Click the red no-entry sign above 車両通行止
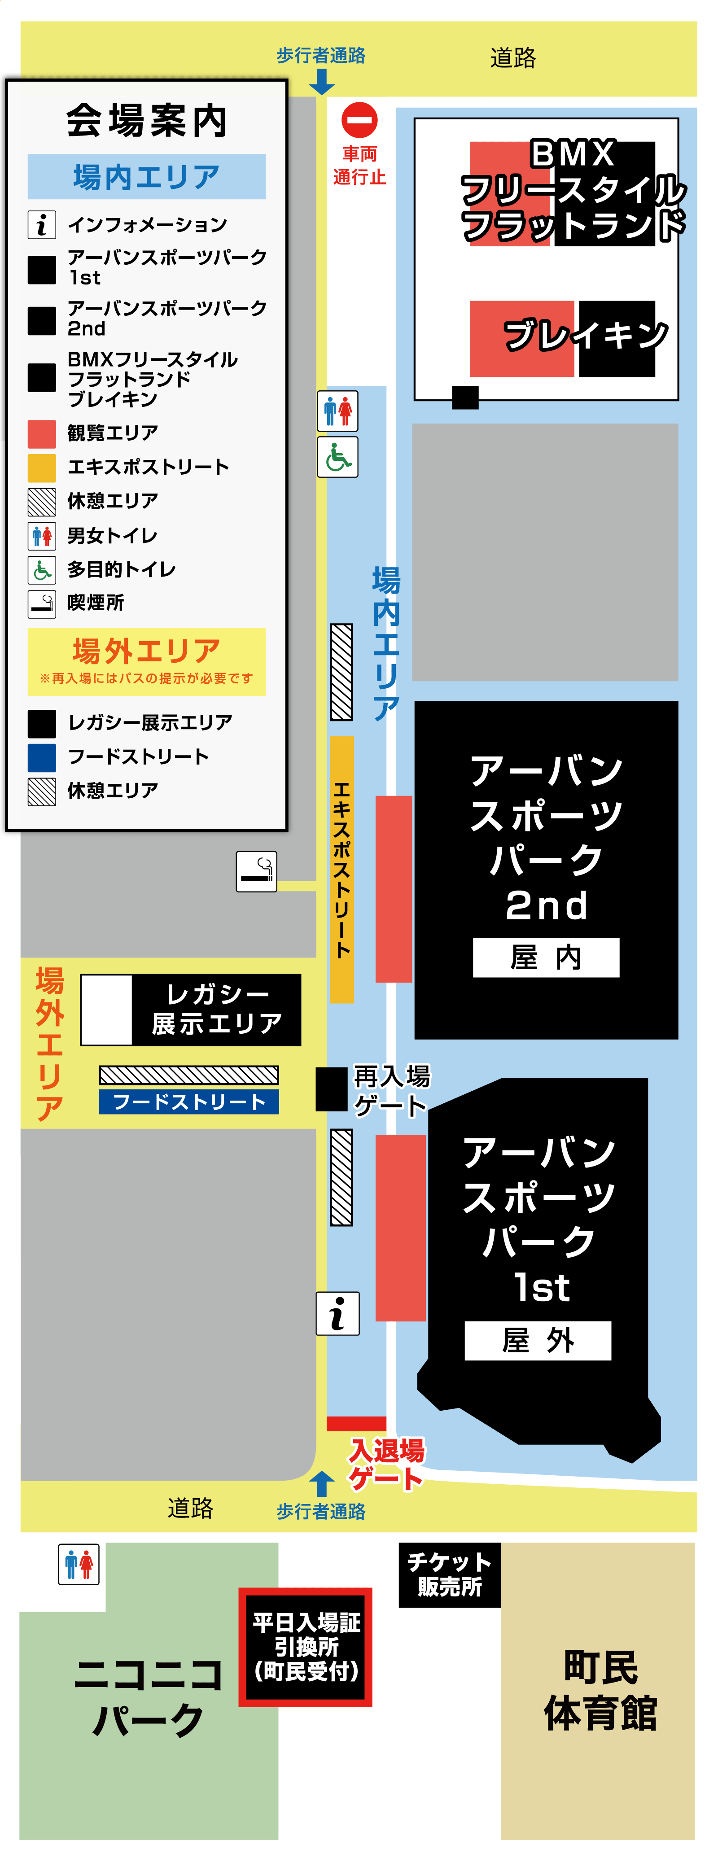pyautogui.click(x=359, y=120)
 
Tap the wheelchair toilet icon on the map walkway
pyautogui.click(x=338, y=457)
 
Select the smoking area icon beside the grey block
pyautogui.click(x=256, y=871)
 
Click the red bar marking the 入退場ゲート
pyautogui.click(x=356, y=1423)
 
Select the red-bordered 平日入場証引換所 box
pyautogui.click(x=305, y=1647)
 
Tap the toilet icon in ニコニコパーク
pyautogui.click(x=79, y=1564)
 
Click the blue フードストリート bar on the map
pyautogui.click(x=189, y=1102)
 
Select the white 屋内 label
pyautogui.click(x=546, y=957)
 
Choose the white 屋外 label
pyautogui.click(x=538, y=1340)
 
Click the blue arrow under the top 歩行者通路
pyautogui.click(x=321, y=82)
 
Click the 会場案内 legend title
pyautogui.click(x=147, y=120)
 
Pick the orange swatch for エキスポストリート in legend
pyautogui.click(x=42, y=468)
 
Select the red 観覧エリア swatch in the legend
pyautogui.click(x=42, y=433)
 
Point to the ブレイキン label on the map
pyautogui.click(x=585, y=336)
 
